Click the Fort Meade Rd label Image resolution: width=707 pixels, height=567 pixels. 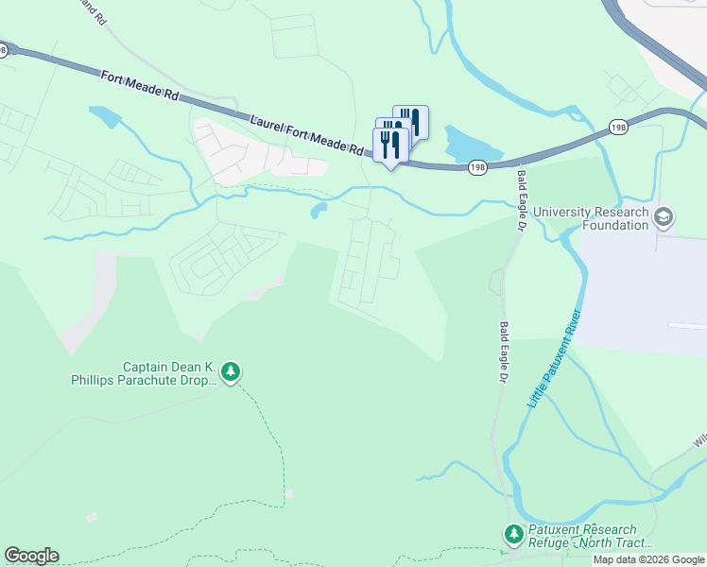pyautogui.click(x=139, y=83)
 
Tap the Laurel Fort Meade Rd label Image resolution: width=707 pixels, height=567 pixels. pyautogui.click(x=307, y=135)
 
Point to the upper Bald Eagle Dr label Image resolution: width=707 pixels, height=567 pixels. pyautogui.click(x=520, y=199)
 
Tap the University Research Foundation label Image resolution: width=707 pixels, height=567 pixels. pyautogui.click(x=592, y=218)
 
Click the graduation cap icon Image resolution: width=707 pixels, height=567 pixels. pyautogui.click(x=664, y=218)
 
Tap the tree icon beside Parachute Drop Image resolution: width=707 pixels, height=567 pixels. pyautogui.click(x=232, y=373)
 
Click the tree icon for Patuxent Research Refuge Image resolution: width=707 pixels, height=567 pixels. pyautogui.click(x=513, y=536)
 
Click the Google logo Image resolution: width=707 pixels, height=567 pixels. pyautogui.click(x=31, y=556)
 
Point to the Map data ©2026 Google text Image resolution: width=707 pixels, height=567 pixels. pyautogui.click(x=649, y=559)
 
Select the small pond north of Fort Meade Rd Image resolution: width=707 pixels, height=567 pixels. pyautogui.click(x=105, y=116)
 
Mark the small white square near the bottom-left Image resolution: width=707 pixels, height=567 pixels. pyautogui.click(x=92, y=518)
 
